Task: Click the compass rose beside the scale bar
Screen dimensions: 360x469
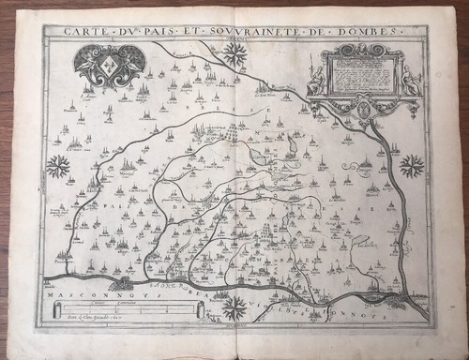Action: tap(236, 307)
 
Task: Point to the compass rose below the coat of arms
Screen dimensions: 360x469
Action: tap(58, 169)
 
